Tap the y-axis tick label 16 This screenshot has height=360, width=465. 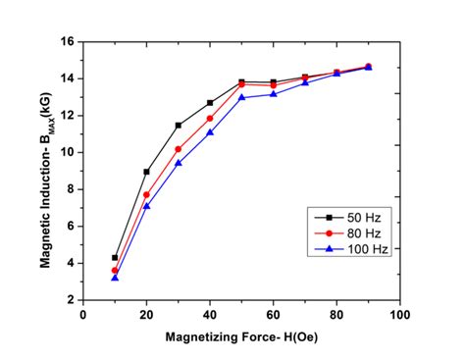tap(68, 42)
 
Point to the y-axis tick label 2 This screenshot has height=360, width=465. tap(71, 299)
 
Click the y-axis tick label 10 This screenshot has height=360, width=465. tap(68, 152)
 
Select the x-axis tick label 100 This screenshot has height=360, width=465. tap(399, 315)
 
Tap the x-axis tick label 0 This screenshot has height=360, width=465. tap(83, 315)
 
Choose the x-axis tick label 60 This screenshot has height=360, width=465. tap(273, 315)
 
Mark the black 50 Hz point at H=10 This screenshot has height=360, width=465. tap(115, 257)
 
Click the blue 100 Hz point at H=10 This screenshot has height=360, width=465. tap(115, 278)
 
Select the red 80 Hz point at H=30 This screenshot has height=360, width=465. tap(179, 149)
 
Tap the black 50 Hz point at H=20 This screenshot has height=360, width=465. tap(146, 172)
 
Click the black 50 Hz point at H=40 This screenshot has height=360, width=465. tap(210, 103)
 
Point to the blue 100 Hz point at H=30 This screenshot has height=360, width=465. tap(179, 163)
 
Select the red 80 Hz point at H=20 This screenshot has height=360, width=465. tap(146, 195)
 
